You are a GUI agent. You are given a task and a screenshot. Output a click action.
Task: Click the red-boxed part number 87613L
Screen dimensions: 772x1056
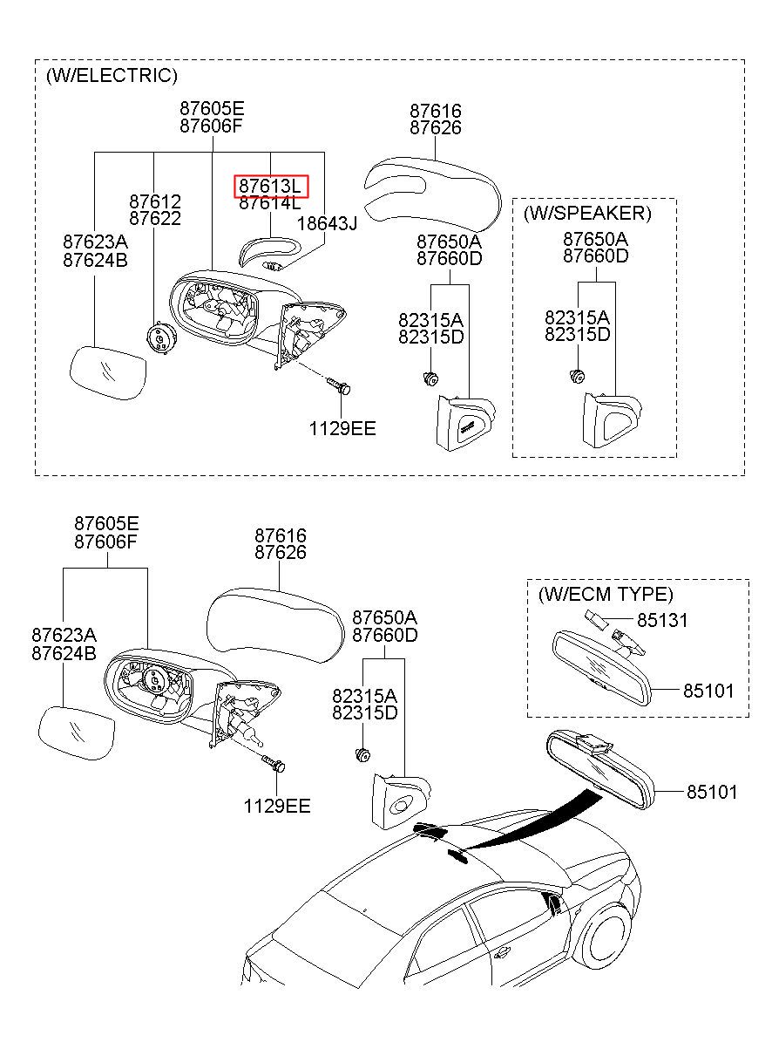point(269,186)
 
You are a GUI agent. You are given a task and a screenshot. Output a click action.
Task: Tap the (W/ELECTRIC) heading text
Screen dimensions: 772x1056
point(112,75)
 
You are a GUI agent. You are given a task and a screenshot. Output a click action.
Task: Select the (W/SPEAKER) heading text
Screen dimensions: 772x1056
point(587,213)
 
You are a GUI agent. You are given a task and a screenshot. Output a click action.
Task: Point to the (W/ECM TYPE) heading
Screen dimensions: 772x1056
point(606,594)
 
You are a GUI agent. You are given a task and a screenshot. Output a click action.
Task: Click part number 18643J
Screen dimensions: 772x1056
point(327,223)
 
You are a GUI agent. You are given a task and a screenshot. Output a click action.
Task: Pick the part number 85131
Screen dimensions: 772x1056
point(662,620)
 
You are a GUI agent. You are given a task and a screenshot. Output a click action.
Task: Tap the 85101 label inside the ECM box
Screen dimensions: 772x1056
point(708,692)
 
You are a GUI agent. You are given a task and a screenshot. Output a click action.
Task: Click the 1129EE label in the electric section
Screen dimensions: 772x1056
point(342,428)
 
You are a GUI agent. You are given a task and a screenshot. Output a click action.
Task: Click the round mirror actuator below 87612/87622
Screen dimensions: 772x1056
point(160,337)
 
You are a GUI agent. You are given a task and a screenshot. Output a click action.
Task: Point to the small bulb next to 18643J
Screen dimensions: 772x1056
point(273,266)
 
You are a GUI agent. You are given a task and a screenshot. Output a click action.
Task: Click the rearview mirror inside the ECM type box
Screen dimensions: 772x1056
point(602,668)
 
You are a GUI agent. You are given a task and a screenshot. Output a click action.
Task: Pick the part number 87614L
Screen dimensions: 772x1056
point(269,203)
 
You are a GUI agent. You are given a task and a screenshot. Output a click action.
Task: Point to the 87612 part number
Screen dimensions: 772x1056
point(155,201)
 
